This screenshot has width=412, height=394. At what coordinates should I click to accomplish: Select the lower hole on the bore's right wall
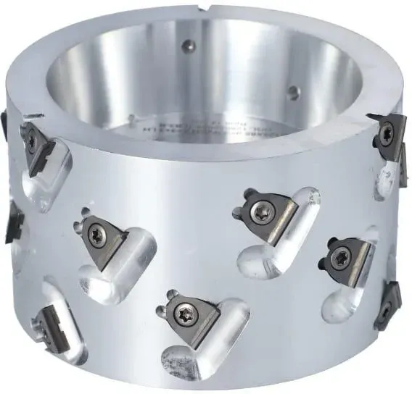tap(292, 92)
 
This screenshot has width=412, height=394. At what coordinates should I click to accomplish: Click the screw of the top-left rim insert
tap(31, 138)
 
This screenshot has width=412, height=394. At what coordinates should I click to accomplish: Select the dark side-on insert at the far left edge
tap(14, 222)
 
